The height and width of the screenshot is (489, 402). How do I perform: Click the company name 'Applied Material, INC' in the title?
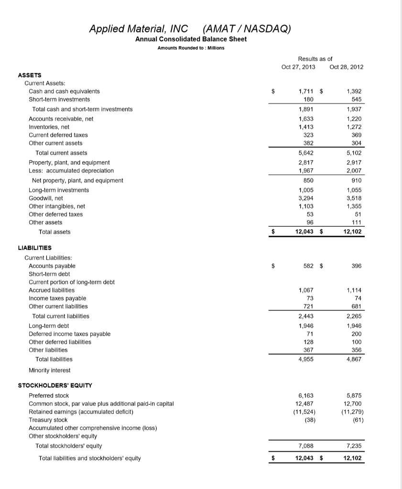(139, 28)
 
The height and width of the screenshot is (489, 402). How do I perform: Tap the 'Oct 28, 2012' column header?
(347, 67)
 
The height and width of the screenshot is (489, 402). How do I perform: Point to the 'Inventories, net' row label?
(49, 127)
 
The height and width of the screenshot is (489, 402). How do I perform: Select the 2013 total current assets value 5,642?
(306, 153)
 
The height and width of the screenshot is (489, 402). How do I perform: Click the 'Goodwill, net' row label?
(46, 198)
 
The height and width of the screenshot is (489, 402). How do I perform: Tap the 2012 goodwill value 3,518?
(354, 198)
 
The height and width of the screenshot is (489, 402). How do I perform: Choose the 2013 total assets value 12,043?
(304, 232)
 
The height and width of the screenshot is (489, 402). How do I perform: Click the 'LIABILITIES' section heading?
(35, 248)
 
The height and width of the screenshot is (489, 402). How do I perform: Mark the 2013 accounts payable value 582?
(308, 266)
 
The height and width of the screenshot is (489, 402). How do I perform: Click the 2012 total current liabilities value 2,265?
(354, 316)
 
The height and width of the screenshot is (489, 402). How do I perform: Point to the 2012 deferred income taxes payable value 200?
(357, 334)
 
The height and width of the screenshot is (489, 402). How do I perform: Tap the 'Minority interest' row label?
(49, 370)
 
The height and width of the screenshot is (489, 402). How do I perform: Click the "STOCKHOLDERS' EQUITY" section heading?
(55, 385)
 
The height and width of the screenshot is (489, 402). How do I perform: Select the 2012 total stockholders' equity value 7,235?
(354, 446)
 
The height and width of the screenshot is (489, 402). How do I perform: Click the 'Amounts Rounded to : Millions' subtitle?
(191, 48)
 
